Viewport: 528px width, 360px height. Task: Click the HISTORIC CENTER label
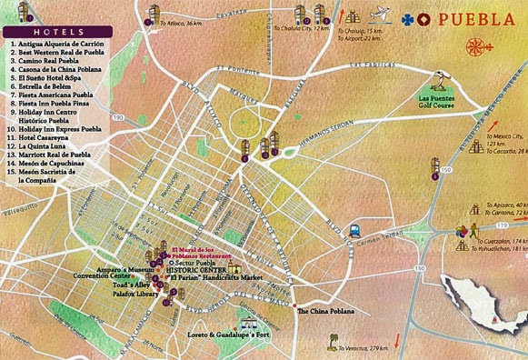tap(194, 272)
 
